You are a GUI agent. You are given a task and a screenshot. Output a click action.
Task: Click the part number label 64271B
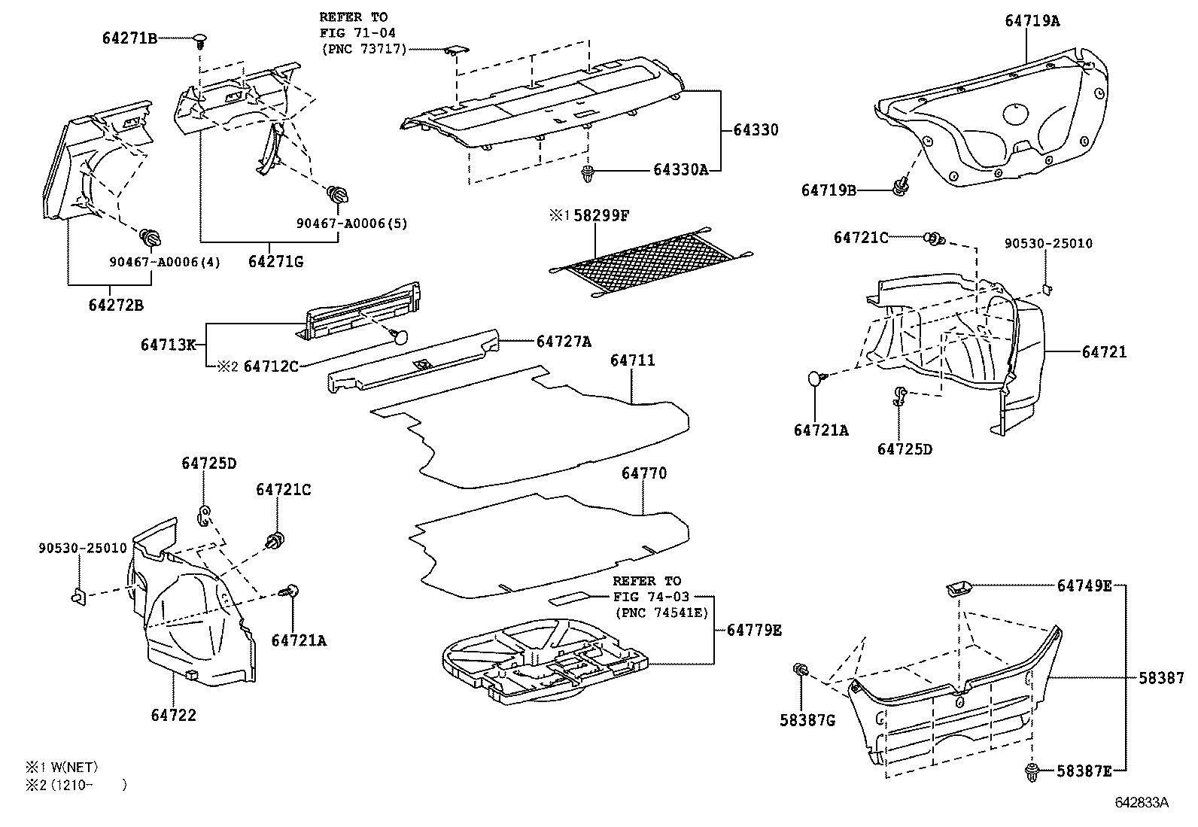tap(129, 38)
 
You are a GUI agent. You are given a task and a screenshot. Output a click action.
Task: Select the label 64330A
tap(680, 170)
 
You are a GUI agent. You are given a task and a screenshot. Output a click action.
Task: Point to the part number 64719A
tap(1032, 21)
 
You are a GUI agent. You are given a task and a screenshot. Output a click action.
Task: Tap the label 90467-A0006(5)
tap(352, 223)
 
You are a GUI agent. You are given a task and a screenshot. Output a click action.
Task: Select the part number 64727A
tap(564, 342)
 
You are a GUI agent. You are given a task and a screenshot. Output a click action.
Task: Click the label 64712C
tap(271, 366)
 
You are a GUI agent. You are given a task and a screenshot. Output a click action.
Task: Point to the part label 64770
tap(644, 473)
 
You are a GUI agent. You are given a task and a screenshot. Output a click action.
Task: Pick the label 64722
tap(173, 715)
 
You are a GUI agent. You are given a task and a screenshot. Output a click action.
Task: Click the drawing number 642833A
tap(1141, 803)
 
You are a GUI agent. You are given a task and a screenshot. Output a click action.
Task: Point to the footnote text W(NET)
tap(72, 768)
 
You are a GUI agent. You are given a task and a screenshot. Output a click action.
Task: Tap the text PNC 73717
tap(363, 50)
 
